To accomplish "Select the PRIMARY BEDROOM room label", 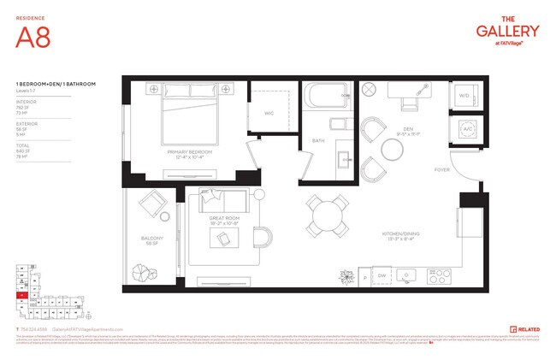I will tap(189, 152).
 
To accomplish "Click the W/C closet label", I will tap(269, 112).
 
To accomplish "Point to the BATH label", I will tap(318, 140).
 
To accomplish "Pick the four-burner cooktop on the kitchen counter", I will tap(440, 276).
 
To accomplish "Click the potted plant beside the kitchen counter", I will tap(346, 275).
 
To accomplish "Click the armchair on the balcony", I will tap(154, 205).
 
